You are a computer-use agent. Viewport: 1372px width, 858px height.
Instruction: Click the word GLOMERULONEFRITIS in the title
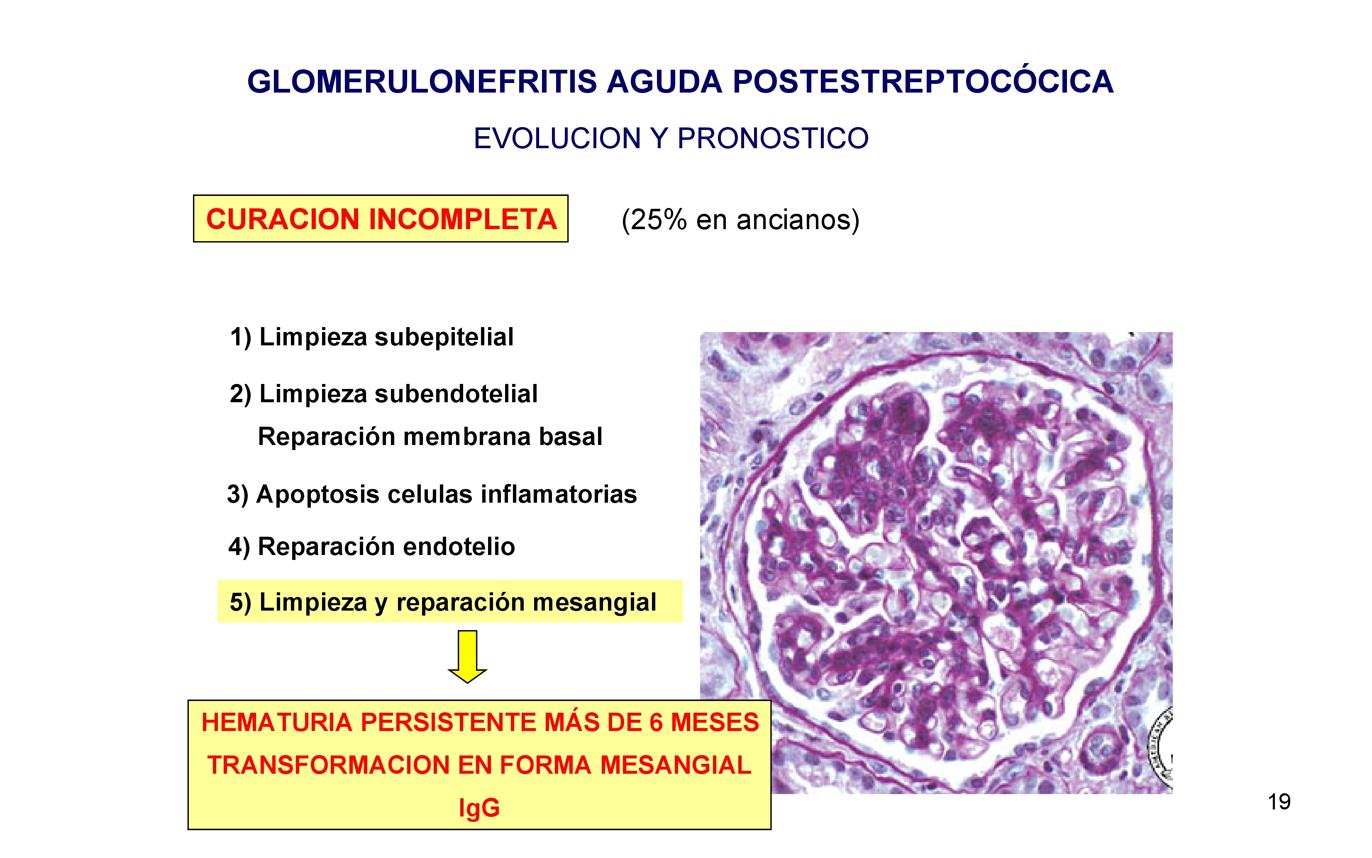(422, 82)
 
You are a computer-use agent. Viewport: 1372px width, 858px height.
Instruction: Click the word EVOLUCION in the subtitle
(557, 139)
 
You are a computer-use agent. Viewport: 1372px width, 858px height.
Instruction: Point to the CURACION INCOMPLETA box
(381, 218)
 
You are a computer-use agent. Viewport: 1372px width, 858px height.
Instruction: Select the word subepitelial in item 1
(444, 337)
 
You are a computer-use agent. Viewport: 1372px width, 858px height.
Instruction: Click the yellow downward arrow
(467, 657)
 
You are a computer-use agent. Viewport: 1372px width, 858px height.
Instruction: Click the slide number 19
(1279, 802)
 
